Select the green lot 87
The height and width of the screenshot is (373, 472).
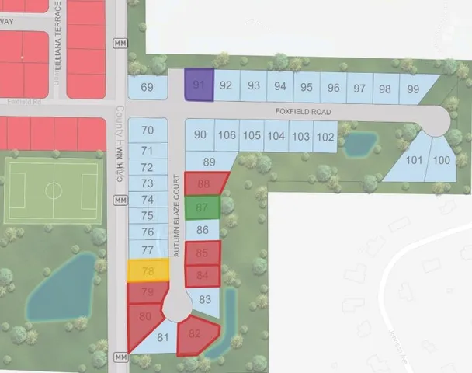pos(203,207)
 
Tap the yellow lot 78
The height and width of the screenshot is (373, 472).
pos(148,271)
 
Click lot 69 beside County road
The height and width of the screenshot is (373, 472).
pos(147,87)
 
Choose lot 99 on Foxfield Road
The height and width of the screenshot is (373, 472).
pos(412,88)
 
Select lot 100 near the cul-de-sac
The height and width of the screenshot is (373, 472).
pos(441,159)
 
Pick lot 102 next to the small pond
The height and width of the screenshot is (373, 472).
pos(325,137)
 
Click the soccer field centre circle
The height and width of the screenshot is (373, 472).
pos(53,190)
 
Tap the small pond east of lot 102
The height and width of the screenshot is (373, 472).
pos(358,143)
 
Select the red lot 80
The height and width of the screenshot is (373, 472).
pos(144,319)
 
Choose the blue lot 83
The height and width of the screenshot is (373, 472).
pos(205,299)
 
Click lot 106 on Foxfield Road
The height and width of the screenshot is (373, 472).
pos(226,136)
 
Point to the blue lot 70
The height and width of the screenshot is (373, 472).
pos(147,130)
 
